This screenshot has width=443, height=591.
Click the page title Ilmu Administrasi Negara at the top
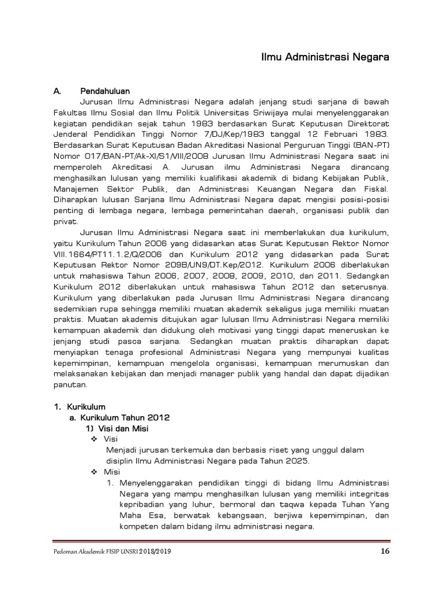click(325, 58)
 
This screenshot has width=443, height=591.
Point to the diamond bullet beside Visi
click(94, 439)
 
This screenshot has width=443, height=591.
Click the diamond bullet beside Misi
click(94, 472)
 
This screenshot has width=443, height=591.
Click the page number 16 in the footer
click(386, 551)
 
